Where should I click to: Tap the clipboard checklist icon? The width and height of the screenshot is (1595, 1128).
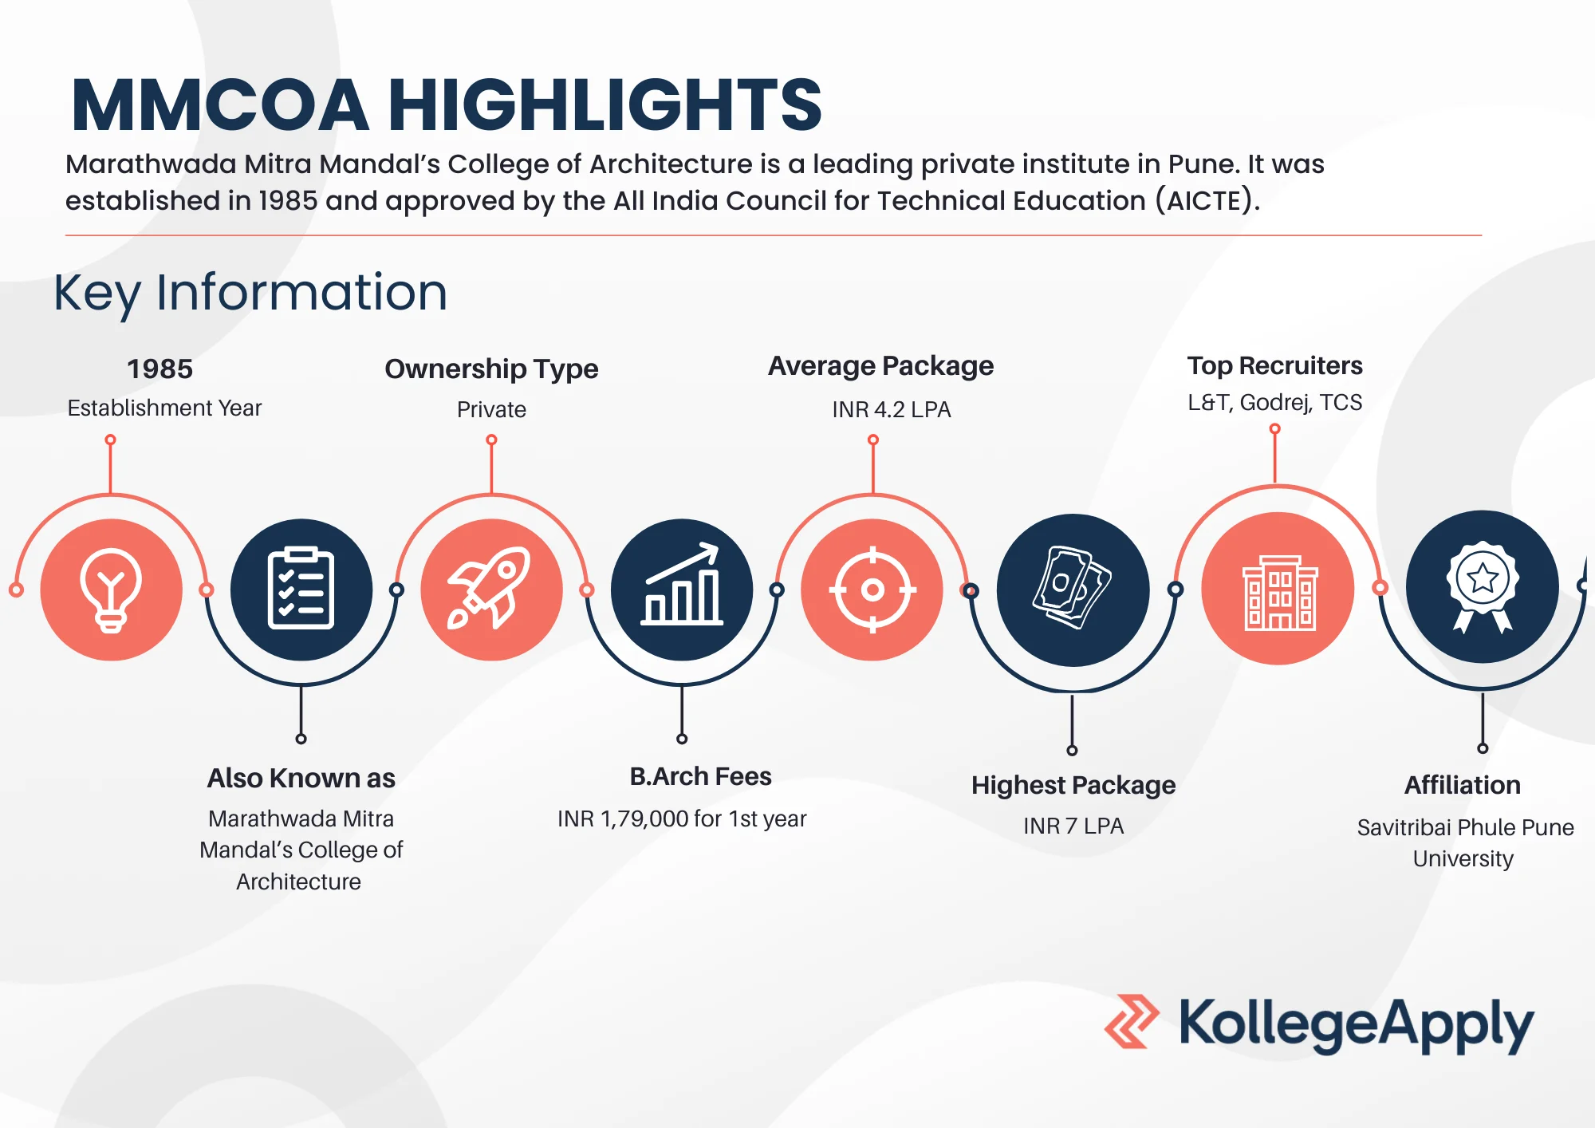pyautogui.click(x=301, y=589)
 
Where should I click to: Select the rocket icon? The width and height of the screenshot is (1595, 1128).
pyautogui.click(x=490, y=588)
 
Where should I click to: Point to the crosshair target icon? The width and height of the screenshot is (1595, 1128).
pyautogui.click(x=872, y=590)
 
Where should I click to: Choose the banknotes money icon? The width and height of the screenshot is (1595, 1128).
pyautogui.click(x=1072, y=587)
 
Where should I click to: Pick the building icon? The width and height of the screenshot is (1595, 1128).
pyautogui.click(x=1279, y=593)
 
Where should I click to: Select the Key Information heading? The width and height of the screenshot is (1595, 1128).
pyautogui.click(x=250, y=292)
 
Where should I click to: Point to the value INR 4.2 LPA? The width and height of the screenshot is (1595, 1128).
pyautogui.click(x=892, y=409)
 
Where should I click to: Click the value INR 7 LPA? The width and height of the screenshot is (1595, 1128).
pyautogui.click(x=1073, y=826)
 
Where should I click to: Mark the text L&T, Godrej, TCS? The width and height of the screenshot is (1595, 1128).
pyautogui.click(x=1274, y=403)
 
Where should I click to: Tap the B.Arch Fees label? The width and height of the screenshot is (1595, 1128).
pyautogui.click(x=700, y=776)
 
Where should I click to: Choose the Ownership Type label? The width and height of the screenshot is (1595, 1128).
pyautogui.click(x=491, y=369)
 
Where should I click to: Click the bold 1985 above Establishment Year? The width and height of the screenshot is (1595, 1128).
pyautogui.click(x=159, y=369)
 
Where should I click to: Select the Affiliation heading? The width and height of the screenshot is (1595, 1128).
pyautogui.click(x=1463, y=785)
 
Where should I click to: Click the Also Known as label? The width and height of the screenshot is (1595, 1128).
pyautogui.click(x=301, y=778)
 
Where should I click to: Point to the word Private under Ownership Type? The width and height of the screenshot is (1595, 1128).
pyautogui.click(x=491, y=409)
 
